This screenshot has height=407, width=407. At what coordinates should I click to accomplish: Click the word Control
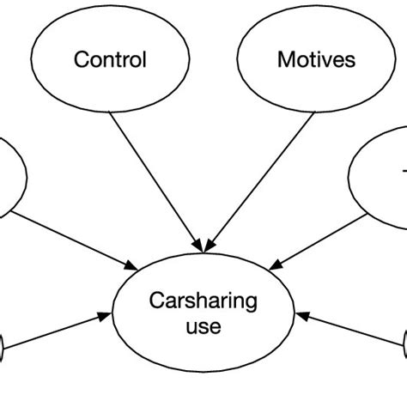tap(110, 59)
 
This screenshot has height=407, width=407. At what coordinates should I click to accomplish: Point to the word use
tap(203, 326)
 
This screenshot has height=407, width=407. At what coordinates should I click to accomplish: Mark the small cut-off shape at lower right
tap(404, 348)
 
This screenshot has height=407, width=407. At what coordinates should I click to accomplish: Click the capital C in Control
tap(81, 59)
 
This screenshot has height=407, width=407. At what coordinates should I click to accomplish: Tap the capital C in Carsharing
tap(155, 301)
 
